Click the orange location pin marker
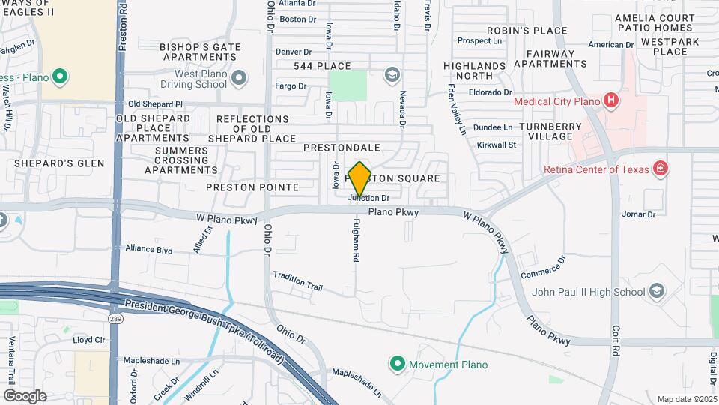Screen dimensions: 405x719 (360, 178)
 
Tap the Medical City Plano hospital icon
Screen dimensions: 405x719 (611, 100)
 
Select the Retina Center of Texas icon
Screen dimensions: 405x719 (660, 168)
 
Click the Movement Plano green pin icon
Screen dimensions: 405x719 (397, 364)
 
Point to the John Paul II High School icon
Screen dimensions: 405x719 (657, 291)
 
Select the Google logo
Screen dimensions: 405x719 (25, 395)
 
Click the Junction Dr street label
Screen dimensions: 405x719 (369, 198)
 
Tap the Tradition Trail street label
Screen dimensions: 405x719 (297, 280)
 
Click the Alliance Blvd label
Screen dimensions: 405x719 (149, 248)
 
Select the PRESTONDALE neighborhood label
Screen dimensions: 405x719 (342, 148)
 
